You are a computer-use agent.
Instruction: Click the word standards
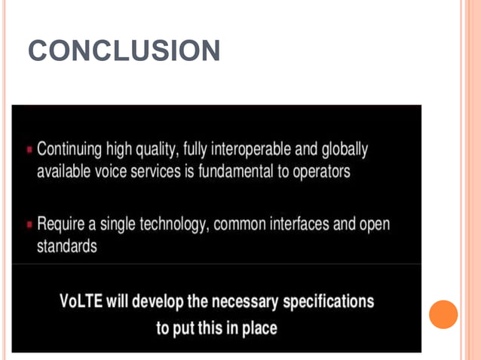point(66,246)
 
